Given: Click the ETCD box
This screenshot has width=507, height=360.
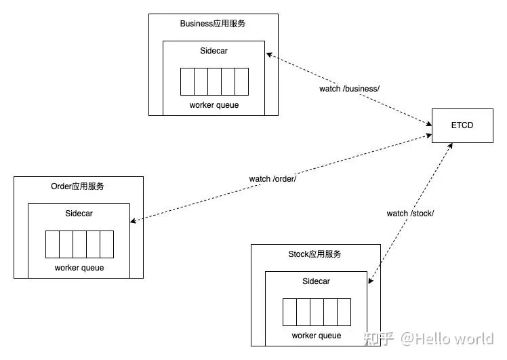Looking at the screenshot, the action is pos(462,125).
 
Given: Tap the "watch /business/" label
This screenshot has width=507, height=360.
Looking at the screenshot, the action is pos(349,89).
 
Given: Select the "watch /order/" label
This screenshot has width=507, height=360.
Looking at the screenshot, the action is pos(272,178).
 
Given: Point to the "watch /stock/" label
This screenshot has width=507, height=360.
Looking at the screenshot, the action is pos(410,214).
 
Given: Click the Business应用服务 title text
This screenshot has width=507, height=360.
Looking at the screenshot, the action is pos(213,24).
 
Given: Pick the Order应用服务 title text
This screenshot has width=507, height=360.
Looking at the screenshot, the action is pos(77,186).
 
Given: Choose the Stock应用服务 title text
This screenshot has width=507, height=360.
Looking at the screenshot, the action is pos(315,254).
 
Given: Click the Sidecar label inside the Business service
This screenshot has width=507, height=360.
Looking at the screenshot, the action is pos(214,51).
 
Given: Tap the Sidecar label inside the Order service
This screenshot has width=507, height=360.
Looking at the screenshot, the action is pos(79,214).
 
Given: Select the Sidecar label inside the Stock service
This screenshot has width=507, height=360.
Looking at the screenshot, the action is pos(317,281).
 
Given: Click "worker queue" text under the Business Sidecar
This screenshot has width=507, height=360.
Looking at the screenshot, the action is pos(214,105).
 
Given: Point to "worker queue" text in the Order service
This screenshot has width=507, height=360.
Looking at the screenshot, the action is pos(79,268).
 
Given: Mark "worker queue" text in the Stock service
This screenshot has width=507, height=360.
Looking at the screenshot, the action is pos(317,336).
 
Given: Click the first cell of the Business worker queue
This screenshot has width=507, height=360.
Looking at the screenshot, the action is pos(187,81).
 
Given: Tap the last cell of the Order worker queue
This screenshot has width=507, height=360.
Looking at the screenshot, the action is pos(107,245).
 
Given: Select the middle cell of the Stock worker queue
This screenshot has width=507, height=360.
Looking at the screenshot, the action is pos(317,312).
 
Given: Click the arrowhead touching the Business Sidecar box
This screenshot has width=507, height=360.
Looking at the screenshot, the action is pos(269,55).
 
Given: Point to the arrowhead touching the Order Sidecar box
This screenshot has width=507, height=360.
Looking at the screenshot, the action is pos(133,221).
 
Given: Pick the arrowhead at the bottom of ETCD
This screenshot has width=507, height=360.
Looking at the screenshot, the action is pos(450,146).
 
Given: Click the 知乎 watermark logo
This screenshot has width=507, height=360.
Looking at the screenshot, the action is pos(379,339).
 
